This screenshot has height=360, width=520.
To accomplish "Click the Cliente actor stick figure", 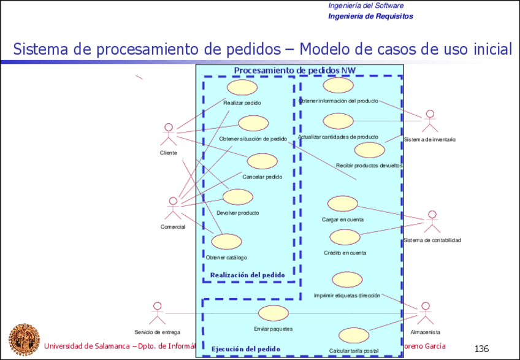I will pos(168,134).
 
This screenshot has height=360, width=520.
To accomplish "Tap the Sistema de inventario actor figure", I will pos(430,121).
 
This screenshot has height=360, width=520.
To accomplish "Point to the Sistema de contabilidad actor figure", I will pos(432,221).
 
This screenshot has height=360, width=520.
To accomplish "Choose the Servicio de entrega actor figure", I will pos(158,313).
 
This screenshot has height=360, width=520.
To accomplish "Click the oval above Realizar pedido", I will pos(242,87).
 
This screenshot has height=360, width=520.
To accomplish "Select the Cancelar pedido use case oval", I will pos(262,162).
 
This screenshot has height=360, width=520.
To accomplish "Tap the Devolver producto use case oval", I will pos(237,197).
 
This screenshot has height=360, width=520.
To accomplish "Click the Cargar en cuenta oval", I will pos(342,204).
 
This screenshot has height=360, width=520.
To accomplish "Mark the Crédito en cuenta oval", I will pos(344,237).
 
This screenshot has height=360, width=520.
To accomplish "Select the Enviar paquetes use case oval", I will pos(273,313).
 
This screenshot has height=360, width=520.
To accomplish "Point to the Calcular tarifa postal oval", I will pos(353,335).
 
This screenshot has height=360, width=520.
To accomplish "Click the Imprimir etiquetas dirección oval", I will pos(346,280).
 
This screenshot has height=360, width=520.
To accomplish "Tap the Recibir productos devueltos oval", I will pos(369,150).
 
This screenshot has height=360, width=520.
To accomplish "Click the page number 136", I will pos(481,349).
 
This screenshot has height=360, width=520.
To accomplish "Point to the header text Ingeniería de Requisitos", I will pos(370,16).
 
